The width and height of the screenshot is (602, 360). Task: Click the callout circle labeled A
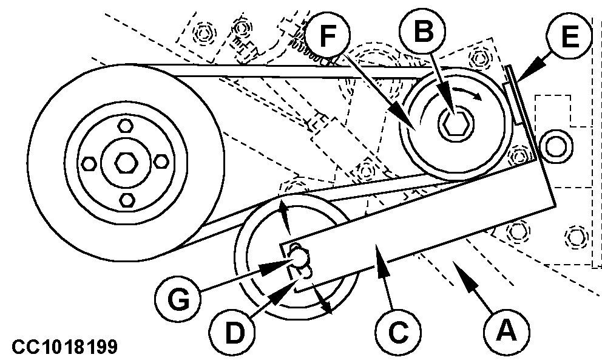(x=506, y=331)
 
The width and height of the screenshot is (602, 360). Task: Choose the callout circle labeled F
(x=327, y=35)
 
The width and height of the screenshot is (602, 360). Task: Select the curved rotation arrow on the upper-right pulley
(x=467, y=92)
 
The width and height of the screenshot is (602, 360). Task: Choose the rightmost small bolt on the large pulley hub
(x=161, y=162)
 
